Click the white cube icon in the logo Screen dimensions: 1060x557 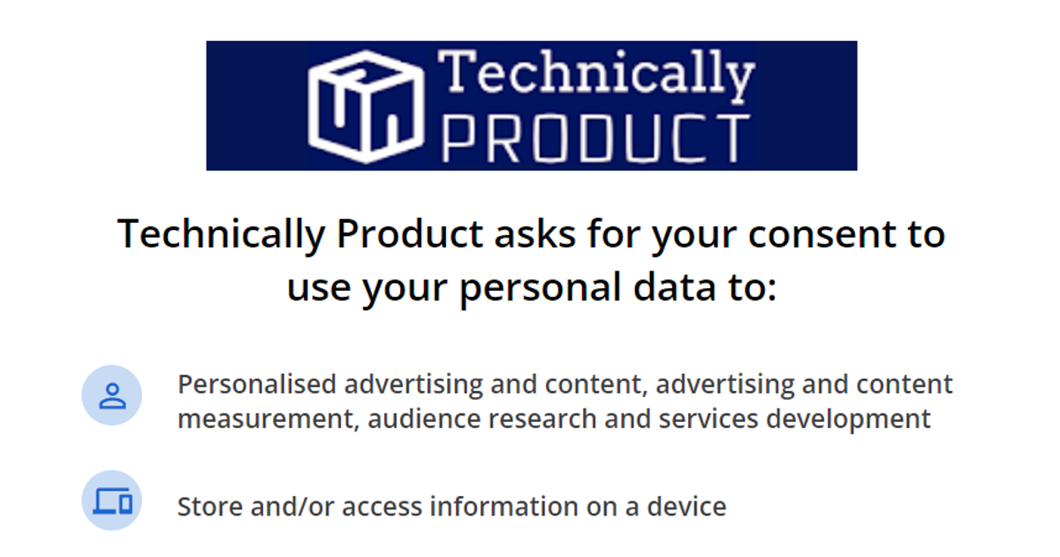pyautogui.click(x=366, y=107)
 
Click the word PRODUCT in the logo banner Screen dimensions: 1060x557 pyautogui.click(x=596, y=138)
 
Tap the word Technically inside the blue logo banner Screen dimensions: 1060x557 pyautogui.click(x=596, y=75)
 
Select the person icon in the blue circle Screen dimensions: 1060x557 pyautogui.click(x=112, y=396)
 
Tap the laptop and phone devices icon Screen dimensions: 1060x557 pyautogui.click(x=112, y=501)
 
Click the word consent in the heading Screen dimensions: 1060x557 pyautogui.click(x=821, y=234)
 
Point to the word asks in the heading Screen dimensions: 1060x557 pyautogui.click(x=534, y=233)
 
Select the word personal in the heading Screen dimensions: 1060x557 pyautogui.click(x=540, y=288)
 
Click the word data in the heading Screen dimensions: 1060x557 pyautogui.click(x=674, y=286)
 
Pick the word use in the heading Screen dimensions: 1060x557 pyautogui.click(x=319, y=288)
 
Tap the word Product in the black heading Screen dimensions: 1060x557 pyautogui.click(x=410, y=233)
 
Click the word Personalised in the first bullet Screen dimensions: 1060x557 pyautogui.click(x=257, y=384)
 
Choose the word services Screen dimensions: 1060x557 pyautogui.click(x=708, y=419)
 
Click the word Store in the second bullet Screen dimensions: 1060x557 pyautogui.click(x=209, y=507)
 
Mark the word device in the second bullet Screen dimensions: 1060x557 pyautogui.click(x=686, y=506)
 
